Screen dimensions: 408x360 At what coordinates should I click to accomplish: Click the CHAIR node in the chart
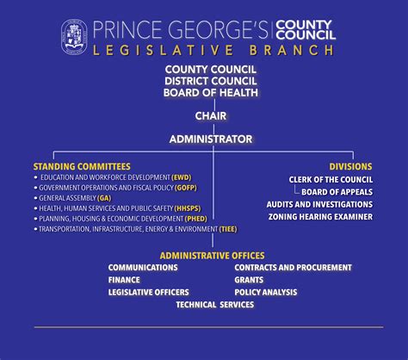210,115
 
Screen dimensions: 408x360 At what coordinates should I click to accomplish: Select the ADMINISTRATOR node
210,139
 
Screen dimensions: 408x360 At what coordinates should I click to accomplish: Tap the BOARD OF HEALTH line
210,92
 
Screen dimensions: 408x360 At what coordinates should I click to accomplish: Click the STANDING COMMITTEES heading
82,165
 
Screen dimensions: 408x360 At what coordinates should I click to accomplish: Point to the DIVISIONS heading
350,165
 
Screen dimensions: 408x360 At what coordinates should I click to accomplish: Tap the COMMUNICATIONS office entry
143,268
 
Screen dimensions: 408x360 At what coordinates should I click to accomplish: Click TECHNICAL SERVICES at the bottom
214,304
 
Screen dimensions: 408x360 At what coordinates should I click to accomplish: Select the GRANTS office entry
250,280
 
